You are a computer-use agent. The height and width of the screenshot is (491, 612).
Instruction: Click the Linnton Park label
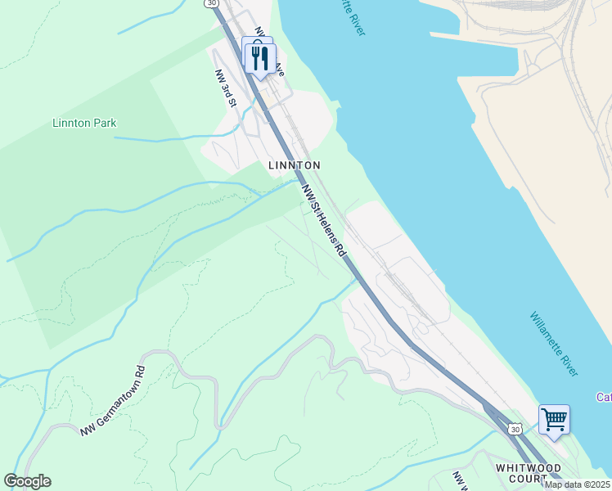[84, 124]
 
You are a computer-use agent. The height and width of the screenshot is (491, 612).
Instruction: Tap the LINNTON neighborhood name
[295, 165]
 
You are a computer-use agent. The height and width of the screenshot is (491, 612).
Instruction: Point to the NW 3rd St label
[226, 88]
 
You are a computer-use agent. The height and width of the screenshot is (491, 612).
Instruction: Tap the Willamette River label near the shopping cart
[554, 344]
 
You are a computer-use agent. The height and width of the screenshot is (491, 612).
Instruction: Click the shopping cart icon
[554, 420]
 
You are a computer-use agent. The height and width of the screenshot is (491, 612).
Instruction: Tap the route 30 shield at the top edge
[213, 3]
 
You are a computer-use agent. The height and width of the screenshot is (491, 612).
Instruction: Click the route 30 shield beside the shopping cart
[514, 429]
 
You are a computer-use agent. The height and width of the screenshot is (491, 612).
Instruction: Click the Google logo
[27, 481]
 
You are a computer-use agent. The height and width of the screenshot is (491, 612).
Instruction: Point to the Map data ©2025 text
[577, 484]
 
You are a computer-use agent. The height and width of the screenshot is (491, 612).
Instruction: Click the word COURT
[527, 479]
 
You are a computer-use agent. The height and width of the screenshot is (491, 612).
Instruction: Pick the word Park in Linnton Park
[104, 124]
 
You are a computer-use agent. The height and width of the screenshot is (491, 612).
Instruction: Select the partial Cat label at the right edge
[604, 398]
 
